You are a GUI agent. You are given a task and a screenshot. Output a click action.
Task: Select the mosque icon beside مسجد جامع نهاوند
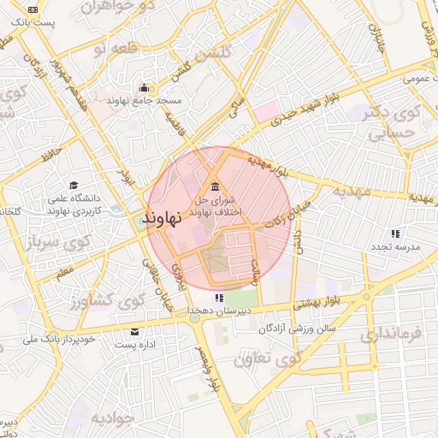coord(144,87)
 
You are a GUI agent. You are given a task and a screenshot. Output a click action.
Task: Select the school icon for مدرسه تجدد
coord(395,233)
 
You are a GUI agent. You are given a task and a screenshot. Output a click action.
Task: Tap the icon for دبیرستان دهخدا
coord(220,298)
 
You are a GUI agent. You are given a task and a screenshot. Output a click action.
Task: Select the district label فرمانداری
coord(391,333)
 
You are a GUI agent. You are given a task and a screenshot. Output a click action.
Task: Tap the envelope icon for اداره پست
coord(133,331)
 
